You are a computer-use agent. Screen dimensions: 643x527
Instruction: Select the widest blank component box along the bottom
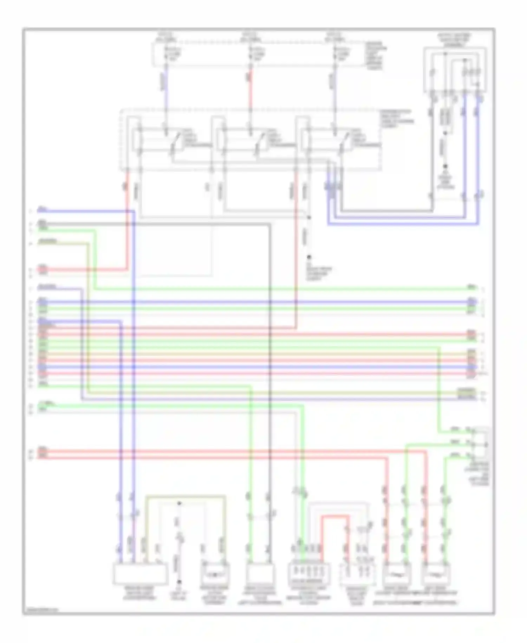(x=140, y=573)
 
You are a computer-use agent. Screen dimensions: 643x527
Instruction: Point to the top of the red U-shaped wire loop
(x=335, y=516)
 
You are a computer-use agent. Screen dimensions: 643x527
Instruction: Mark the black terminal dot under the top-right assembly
(x=445, y=166)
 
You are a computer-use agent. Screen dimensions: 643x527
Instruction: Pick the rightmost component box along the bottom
(x=436, y=574)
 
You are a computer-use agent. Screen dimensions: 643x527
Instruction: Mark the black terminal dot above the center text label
(x=309, y=257)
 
